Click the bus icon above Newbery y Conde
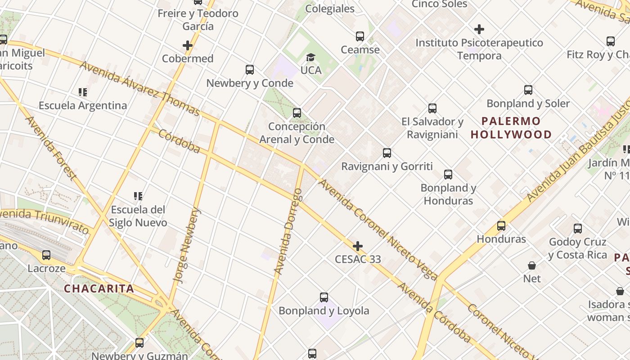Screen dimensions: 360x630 [250, 70]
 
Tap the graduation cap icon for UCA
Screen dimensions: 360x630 [310, 57]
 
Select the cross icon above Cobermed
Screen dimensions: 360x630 [188, 45]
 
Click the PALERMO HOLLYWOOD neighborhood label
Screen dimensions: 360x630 [511, 128]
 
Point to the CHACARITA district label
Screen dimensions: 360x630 [99, 288]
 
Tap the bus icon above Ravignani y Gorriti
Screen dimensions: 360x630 [387, 153]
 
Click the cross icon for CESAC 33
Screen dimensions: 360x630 [358, 246]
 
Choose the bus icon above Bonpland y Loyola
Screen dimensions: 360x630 [324, 297]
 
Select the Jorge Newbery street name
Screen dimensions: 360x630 [188, 245]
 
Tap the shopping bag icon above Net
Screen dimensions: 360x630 [532, 265]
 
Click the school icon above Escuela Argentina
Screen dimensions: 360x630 [83, 92]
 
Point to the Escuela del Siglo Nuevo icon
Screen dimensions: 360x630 [138, 196]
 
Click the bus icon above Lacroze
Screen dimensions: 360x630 [46, 255]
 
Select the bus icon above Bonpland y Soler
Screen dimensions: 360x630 [528, 90]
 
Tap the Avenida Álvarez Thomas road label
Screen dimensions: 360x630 [139, 89]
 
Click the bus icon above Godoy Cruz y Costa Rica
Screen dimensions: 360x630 [578, 229]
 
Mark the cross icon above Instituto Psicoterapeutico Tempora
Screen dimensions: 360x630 [479, 30]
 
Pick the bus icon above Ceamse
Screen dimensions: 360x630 [360, 36]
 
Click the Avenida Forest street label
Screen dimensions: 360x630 [50, 147]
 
